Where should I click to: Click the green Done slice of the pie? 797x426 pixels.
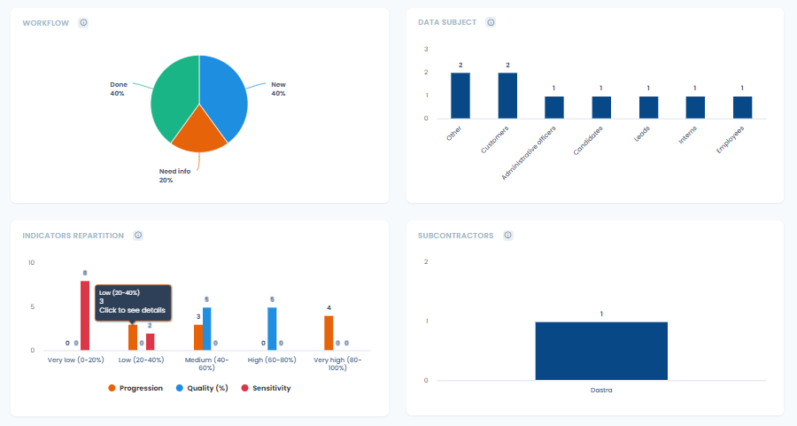coord(173,97)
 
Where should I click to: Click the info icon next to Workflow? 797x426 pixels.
coord(83,22)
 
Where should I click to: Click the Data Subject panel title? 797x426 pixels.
coord(447,22)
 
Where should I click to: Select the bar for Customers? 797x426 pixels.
coord(507,96)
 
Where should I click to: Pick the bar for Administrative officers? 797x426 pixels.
coord(554,107)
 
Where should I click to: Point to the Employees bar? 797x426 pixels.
coord(743,107)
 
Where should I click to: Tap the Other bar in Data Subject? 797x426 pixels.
coord(460,96)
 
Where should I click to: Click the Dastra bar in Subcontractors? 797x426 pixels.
coord(601,351)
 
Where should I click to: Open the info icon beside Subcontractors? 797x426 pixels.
coord(507,236)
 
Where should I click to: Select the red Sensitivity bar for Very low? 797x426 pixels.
coord(85,316)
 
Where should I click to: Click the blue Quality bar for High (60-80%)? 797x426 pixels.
coord(272,329)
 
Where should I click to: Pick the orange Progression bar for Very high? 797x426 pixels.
coord(329,333)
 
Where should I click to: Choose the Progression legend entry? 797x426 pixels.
coord(135,388)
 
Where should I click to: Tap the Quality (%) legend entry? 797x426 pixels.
coord(207,388)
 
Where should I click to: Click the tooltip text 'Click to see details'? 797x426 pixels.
coord(132,310)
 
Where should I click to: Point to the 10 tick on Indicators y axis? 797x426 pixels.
coord(31,263)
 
